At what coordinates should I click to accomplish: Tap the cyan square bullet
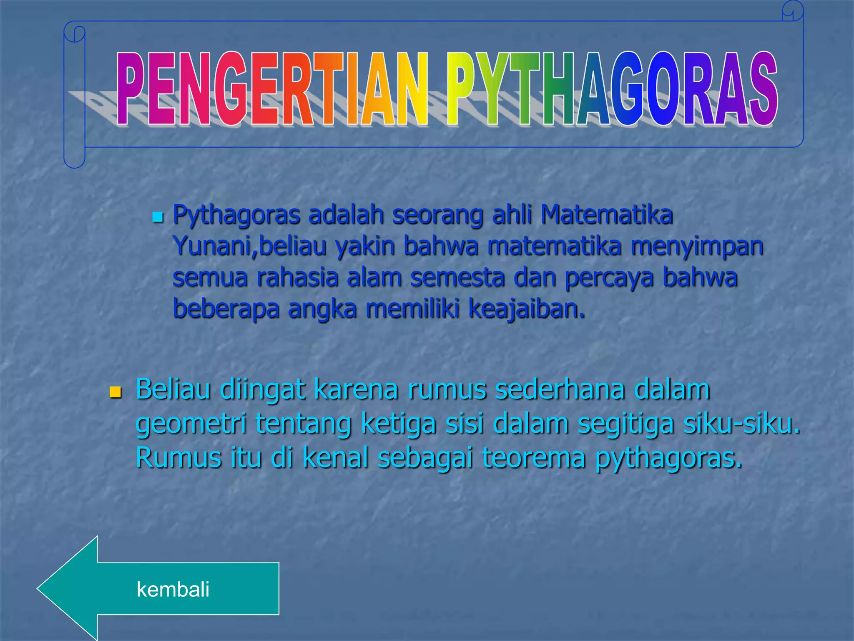coord(157,217)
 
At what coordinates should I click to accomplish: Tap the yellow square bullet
coord(115,392)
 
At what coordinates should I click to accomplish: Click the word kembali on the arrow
coord(173,589)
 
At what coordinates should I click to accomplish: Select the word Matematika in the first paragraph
coord(606,215)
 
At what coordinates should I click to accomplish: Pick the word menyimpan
coord(697,246)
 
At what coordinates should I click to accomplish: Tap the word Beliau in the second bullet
coord(173,389)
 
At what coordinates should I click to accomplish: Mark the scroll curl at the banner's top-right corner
coord(793,11)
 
